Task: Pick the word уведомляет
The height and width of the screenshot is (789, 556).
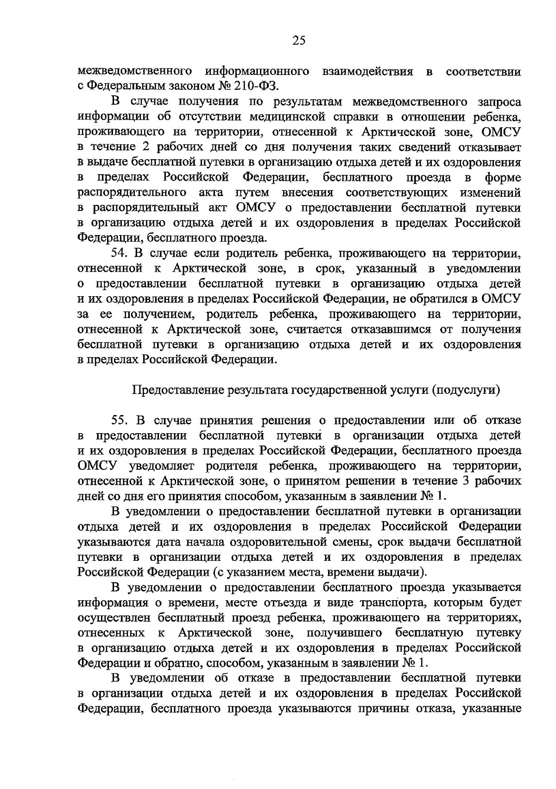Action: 151,466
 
